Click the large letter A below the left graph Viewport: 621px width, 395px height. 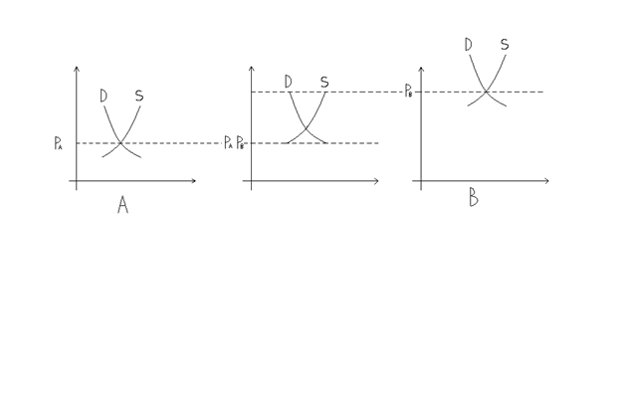pyautogui.click(x=122, y=205)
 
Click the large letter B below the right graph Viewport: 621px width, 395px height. pyautogui.click(x=474, y=197)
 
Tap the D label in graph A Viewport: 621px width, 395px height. pyautogui.click(x=103, y=97)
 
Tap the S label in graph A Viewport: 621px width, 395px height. pyautogui.click(x=139, y=96)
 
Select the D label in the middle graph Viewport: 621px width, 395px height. pyautogui.click(x=289, y=82)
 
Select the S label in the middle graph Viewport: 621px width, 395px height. pyautogui.click(x=324, y=82)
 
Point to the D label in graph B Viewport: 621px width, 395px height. pyautogui.click(x=468, y=45)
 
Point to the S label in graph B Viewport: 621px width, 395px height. pyautogui.click(x=505, y=45)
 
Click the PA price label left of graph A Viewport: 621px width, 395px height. pyautogui.click(x=58, y=143)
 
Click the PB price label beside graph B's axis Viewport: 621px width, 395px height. pyautogui.click(x=408, y=91)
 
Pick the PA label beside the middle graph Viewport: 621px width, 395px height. pyautogui.click(x=228, y=142)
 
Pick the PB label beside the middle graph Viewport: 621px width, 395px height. pyautogui.click(x=240, y=142)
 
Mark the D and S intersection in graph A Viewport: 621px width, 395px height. pyautogui.click(x=120, y=142)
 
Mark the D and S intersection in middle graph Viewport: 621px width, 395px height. pyautogui.click(x=306, y=128)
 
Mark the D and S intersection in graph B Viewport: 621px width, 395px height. pyautogui.click(x=486, y=92)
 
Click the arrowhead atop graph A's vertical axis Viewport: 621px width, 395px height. pyautogui.click(x=77, y=68)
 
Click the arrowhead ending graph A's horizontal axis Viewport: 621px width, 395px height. pyautogui.click(x=194, y=181)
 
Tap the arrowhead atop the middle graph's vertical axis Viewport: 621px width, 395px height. pyautogui.click(x=251, y=68)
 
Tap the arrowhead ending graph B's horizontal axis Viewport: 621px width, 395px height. pyautogui.click(x=547, y=181)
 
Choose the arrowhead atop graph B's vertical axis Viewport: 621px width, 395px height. pyautogui.click(x=421, y=69)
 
